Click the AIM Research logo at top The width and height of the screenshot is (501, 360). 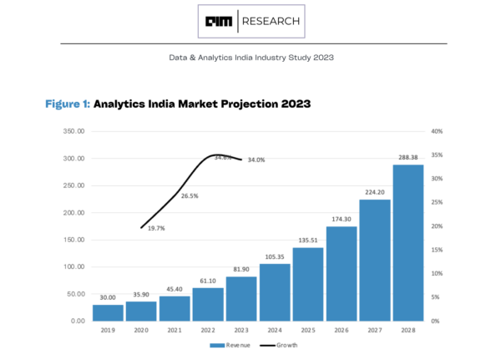251,21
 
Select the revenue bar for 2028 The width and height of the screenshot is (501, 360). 408,242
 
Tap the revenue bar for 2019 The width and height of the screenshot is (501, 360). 108,312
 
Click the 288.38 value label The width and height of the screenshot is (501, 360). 408,156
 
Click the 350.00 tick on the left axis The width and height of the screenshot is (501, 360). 74,132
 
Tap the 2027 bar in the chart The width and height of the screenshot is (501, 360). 375,260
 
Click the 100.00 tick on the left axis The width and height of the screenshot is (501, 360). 74,267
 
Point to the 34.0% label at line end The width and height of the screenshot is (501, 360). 256,160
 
